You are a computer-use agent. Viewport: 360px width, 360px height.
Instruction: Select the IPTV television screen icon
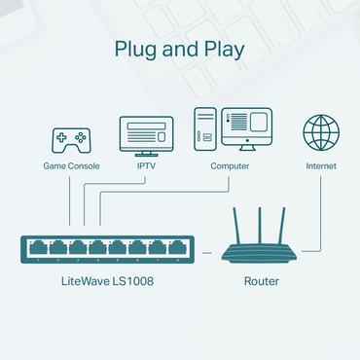(x=146, y=135)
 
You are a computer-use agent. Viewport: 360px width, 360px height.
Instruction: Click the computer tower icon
(x=205, y=131)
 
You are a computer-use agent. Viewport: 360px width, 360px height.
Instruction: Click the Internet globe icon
(x=321, y=133)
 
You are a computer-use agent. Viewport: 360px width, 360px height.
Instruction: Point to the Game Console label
(x=70, y=166)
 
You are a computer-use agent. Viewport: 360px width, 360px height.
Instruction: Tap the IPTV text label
(x=146, y=166)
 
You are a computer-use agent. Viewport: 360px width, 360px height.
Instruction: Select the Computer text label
(x=230, y=166)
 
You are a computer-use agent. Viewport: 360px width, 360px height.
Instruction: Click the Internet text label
(x=321, y=166)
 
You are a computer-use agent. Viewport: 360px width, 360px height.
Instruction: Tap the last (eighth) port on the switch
(x=175, y=247)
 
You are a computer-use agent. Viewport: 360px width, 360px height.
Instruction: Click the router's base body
(x=259, y=253)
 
